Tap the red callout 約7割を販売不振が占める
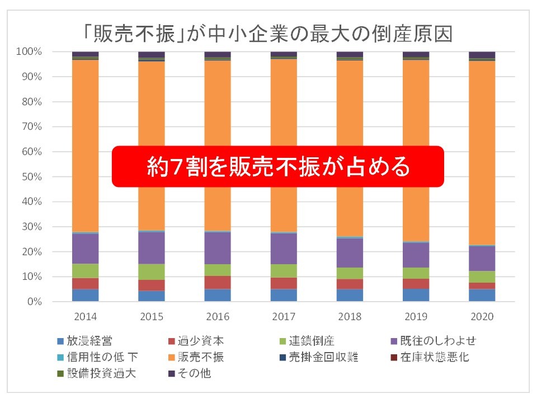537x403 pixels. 278,166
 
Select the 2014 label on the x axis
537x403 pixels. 85,316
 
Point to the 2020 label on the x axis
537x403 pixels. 482,316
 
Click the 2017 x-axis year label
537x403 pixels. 284,316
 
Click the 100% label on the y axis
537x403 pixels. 29,52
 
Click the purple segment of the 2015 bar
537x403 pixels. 152,247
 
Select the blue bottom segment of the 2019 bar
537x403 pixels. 416,295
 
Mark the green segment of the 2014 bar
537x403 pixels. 85,271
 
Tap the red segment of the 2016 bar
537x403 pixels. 218,283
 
